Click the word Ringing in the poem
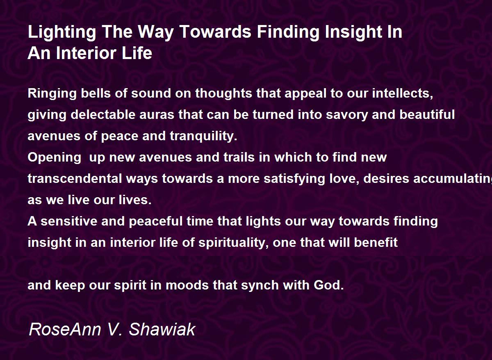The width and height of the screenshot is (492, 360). click(52, 94)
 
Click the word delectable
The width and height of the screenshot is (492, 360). click(103, 114)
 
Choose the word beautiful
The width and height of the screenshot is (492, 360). click(427, 114)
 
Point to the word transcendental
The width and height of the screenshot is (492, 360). click(75, 178)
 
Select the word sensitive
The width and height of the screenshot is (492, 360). click(69, 221)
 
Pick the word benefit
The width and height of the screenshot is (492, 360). click(376, 242)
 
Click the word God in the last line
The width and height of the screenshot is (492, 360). click(328, 285)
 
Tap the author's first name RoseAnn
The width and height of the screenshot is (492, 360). click(65, 329)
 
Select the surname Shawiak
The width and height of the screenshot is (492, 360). click(162, 329)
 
